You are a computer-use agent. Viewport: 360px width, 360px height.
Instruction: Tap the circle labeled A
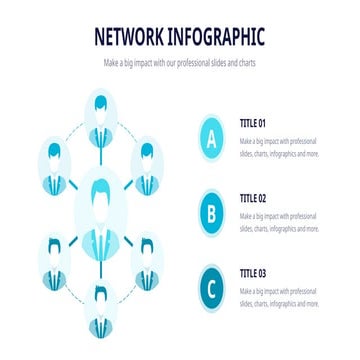[x=211, y=141]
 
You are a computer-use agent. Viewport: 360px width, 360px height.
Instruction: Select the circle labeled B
[x=211, y=212]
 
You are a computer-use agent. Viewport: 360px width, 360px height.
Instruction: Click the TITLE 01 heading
[x=253, y=123]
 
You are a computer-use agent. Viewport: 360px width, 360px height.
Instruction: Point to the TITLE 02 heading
[x=253, y=197]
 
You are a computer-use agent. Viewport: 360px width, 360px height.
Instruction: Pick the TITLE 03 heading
[x=253, y=272]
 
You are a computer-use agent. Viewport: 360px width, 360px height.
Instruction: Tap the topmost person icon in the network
[x=100, y=114]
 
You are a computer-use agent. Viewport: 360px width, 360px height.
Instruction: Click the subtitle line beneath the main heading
[x=180, y=62]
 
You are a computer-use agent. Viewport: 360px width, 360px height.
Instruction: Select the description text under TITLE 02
[x=279, y=221]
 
